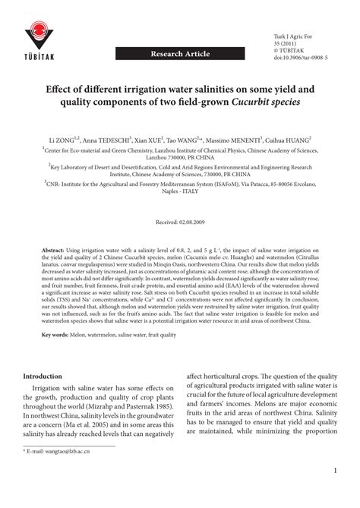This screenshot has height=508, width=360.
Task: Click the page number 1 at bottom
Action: [334, 492]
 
